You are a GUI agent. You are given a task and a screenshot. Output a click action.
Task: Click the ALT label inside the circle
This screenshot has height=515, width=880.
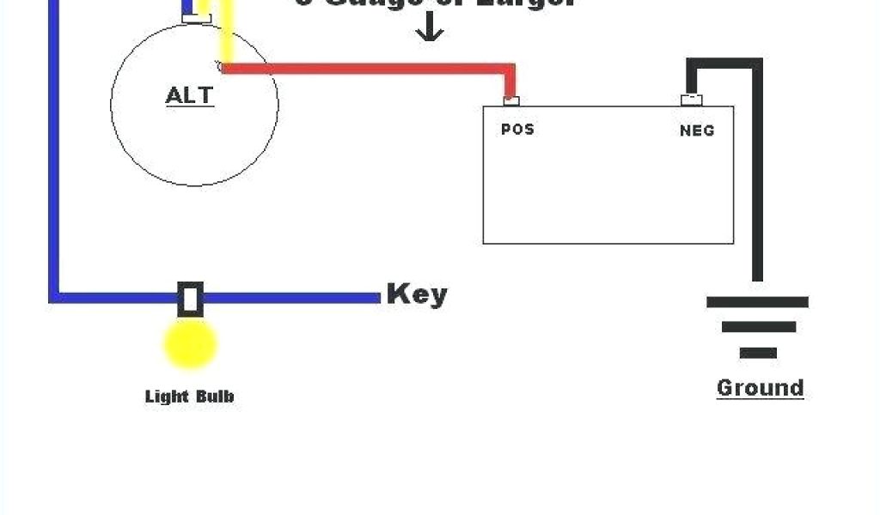coord(189,94)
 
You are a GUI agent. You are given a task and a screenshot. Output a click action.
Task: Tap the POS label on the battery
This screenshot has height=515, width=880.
coord(517,130)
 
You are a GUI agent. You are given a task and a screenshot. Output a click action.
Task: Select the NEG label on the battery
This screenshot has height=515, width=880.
coord(697,131)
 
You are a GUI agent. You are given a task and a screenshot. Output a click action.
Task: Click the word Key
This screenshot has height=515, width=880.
coord(417,294)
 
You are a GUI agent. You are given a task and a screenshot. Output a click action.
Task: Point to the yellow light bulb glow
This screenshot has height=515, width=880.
coord(190,344)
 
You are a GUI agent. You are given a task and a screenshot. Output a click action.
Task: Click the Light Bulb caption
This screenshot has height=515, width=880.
coord(189,397)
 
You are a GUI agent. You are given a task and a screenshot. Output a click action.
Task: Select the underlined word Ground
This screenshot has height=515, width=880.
coord(760,387)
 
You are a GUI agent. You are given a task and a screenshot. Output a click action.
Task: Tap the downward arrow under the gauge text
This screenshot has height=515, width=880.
coord(430,31)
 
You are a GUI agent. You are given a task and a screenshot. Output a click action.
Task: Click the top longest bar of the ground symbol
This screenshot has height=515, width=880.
coord(757,302)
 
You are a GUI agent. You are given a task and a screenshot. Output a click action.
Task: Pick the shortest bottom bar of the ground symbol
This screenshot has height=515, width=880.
coord(757,353)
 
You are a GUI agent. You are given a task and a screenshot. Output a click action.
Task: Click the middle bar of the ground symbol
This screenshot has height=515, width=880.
coord(757,327)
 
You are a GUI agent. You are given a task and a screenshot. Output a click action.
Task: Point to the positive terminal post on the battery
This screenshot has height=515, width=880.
coord(511,101)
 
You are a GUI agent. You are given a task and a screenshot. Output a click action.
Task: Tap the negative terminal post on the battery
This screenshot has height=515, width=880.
coord(691,100)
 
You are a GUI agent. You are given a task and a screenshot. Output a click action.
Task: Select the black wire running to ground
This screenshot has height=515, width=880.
coord(757,172)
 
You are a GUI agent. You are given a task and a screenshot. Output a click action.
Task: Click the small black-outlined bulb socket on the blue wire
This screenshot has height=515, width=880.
coord(190,299)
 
